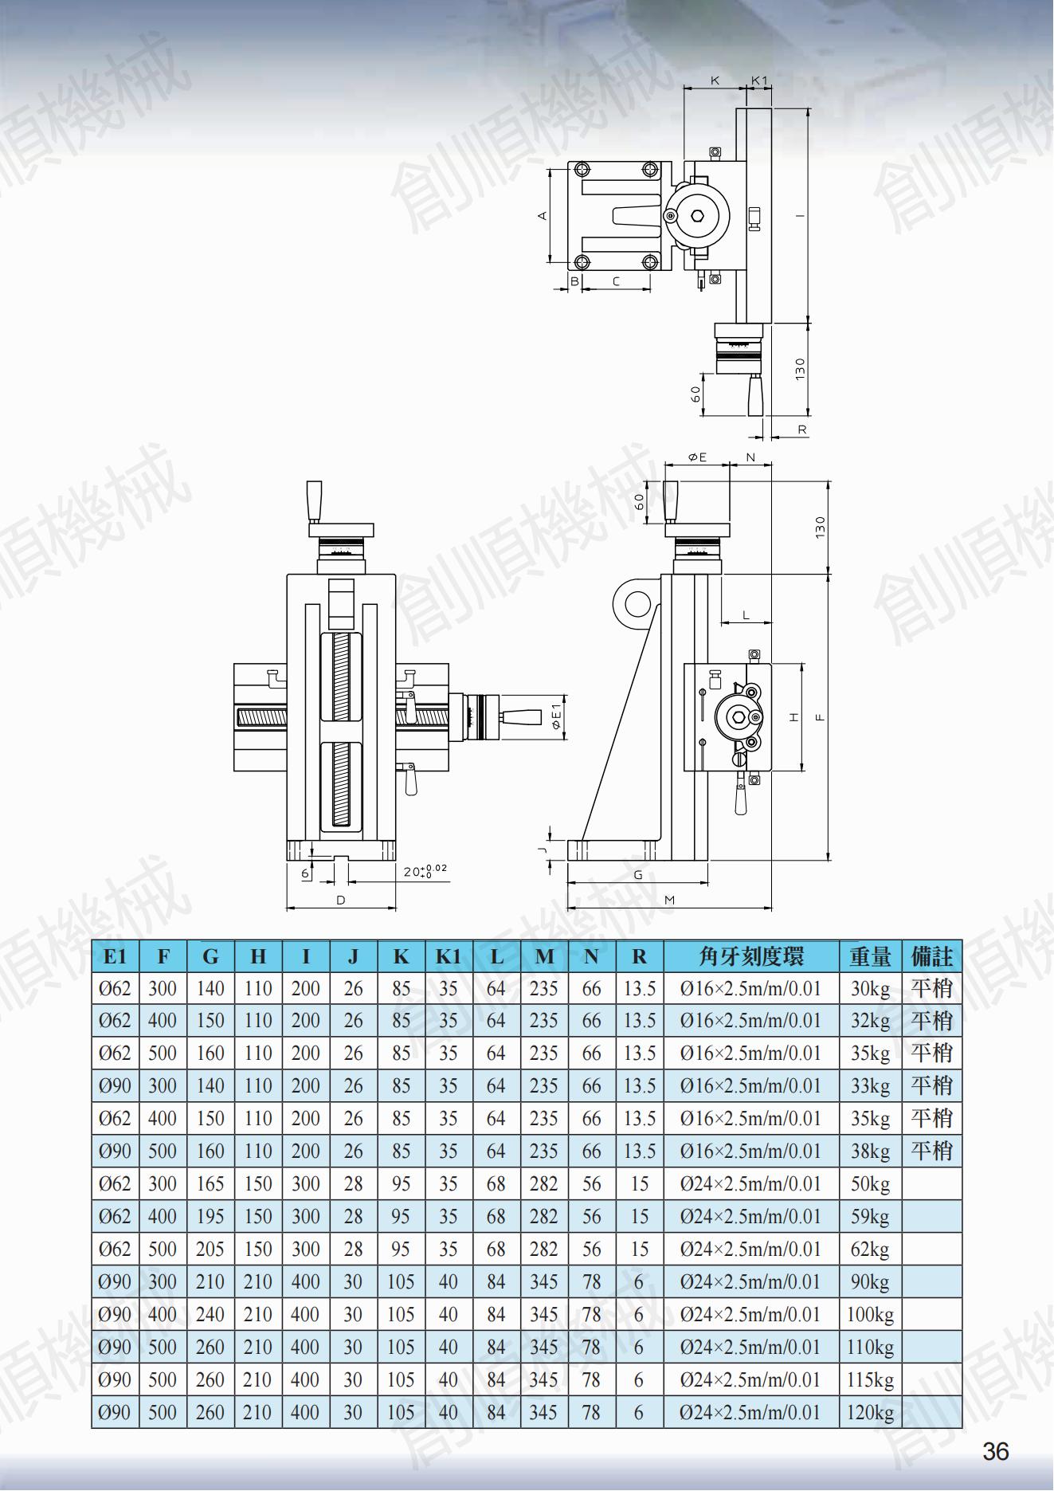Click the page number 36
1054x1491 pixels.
(x=996, y=1451)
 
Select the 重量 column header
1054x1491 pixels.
(x=870, y=956)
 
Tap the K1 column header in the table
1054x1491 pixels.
(x=449, y=956)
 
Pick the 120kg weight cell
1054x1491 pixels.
(x=870, y=1413)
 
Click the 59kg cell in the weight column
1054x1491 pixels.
(x=870, y=1217)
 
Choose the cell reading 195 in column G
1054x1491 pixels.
(x=210, y=1217)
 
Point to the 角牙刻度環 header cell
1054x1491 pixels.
(x=751, y=956)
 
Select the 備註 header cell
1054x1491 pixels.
(x=931, y=956)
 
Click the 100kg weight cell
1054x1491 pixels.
(x=870, y=1315)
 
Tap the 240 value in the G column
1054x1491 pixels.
(x=210, y=1315)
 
